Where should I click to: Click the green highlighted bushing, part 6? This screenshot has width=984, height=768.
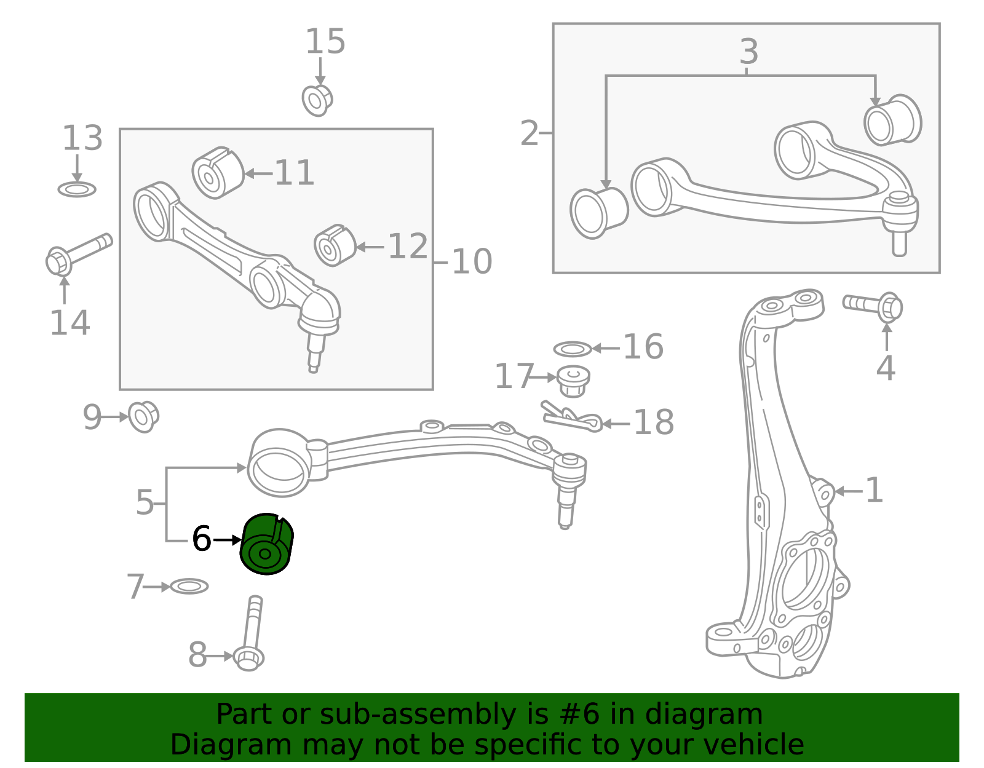pos(266,544)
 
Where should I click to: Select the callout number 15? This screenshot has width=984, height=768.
pos(325,42)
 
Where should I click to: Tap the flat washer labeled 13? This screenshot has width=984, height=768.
pos(77,189)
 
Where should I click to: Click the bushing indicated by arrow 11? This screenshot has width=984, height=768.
pos(218,173)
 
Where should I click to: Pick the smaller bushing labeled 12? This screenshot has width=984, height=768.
pos(335,245)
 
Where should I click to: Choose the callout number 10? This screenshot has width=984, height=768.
pos(472,261)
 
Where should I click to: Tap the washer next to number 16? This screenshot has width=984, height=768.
pos(573,349)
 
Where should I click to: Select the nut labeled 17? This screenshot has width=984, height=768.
pos(573,381)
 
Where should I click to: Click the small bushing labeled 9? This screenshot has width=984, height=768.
pos(143,417)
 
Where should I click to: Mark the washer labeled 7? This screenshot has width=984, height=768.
pos(189,587)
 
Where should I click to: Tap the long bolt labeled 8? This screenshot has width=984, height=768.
pos(249,633)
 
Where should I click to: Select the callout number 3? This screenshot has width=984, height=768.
pos(748,51)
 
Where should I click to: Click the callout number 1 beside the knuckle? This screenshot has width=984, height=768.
pos(874,490)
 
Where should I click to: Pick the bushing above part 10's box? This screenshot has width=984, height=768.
pos(317,100)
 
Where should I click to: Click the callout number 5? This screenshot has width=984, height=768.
pos(145,502)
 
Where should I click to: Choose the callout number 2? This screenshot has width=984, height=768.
pos(530,133)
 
